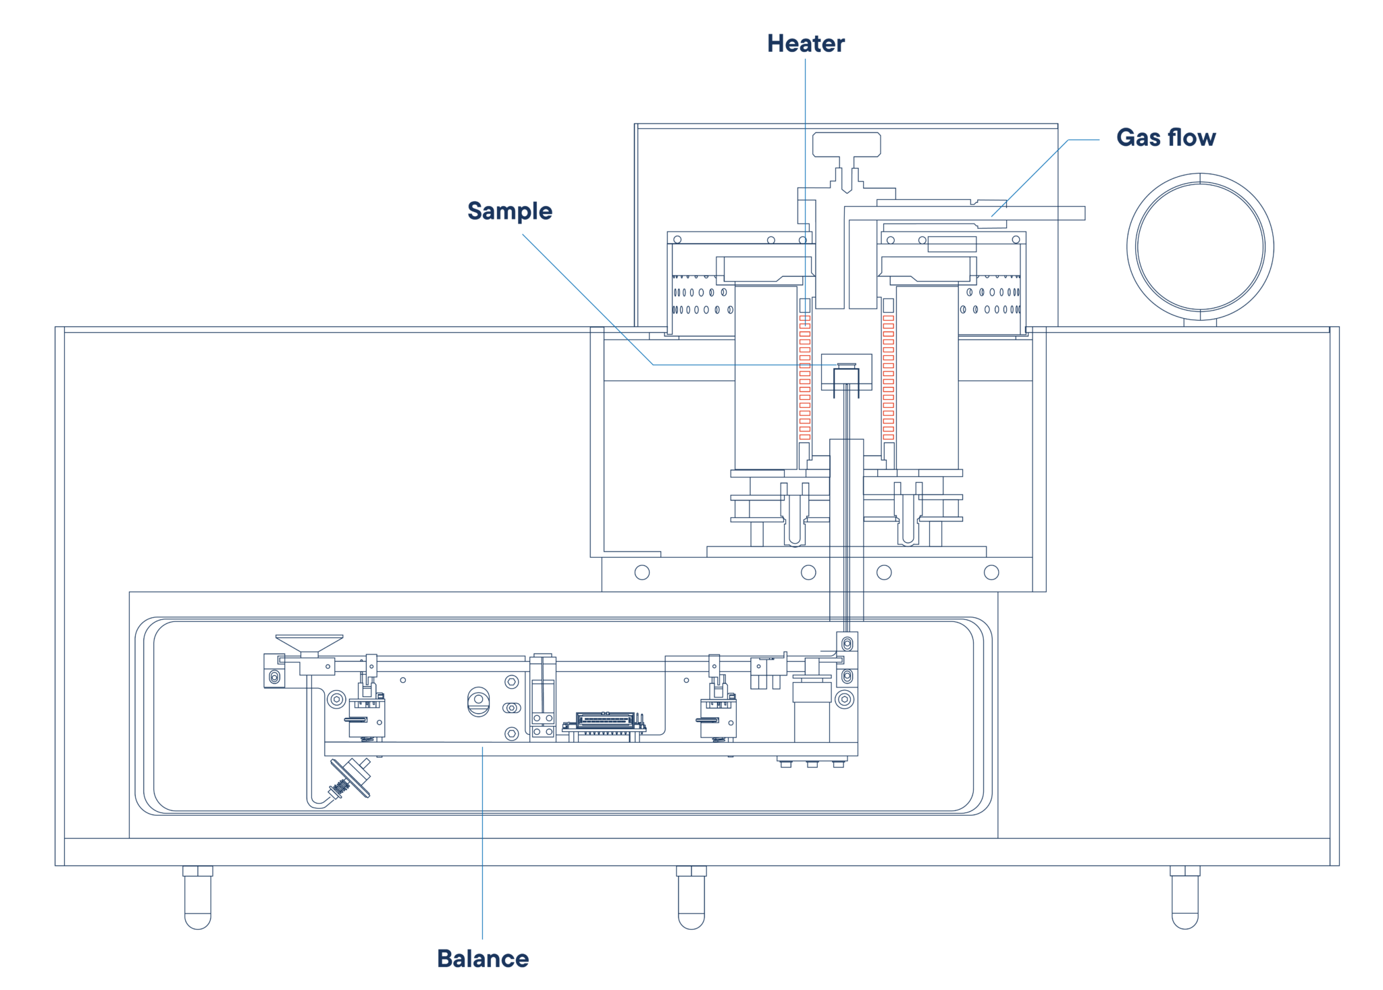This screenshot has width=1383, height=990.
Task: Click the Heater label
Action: coord(806,43)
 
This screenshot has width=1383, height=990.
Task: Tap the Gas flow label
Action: coord(1166,137)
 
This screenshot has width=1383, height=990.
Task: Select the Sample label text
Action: coord(510,211)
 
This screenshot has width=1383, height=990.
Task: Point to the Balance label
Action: coord(483,958)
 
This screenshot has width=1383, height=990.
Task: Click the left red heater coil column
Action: coord(804,377)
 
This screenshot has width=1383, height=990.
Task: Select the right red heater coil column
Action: coord(888,377)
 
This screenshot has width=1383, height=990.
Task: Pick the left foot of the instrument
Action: coord(198,897)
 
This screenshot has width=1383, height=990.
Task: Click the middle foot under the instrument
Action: coord(691,897)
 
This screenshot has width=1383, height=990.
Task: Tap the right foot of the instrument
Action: coord(1185,897)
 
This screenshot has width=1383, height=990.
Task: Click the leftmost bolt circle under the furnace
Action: coord(642,573)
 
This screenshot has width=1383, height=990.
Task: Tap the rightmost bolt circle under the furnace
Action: coord(991,573)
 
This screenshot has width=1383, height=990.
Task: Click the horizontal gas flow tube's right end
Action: coord(1085,213)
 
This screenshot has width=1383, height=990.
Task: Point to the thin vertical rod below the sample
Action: coord(847,506)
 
